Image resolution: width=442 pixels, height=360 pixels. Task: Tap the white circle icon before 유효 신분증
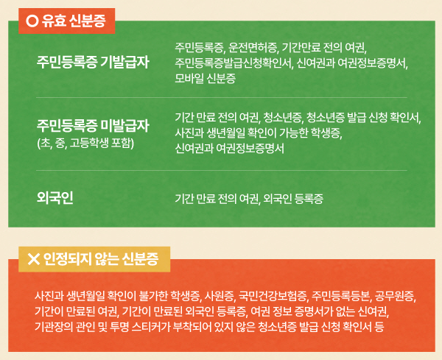[32, 21]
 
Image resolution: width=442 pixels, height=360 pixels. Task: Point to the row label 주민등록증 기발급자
[92, 61]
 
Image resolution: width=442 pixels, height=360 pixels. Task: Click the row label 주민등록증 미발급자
[92, 125]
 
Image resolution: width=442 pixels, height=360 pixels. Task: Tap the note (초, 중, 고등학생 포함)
[85, 142]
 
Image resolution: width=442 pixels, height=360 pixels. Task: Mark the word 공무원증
[398, 297]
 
